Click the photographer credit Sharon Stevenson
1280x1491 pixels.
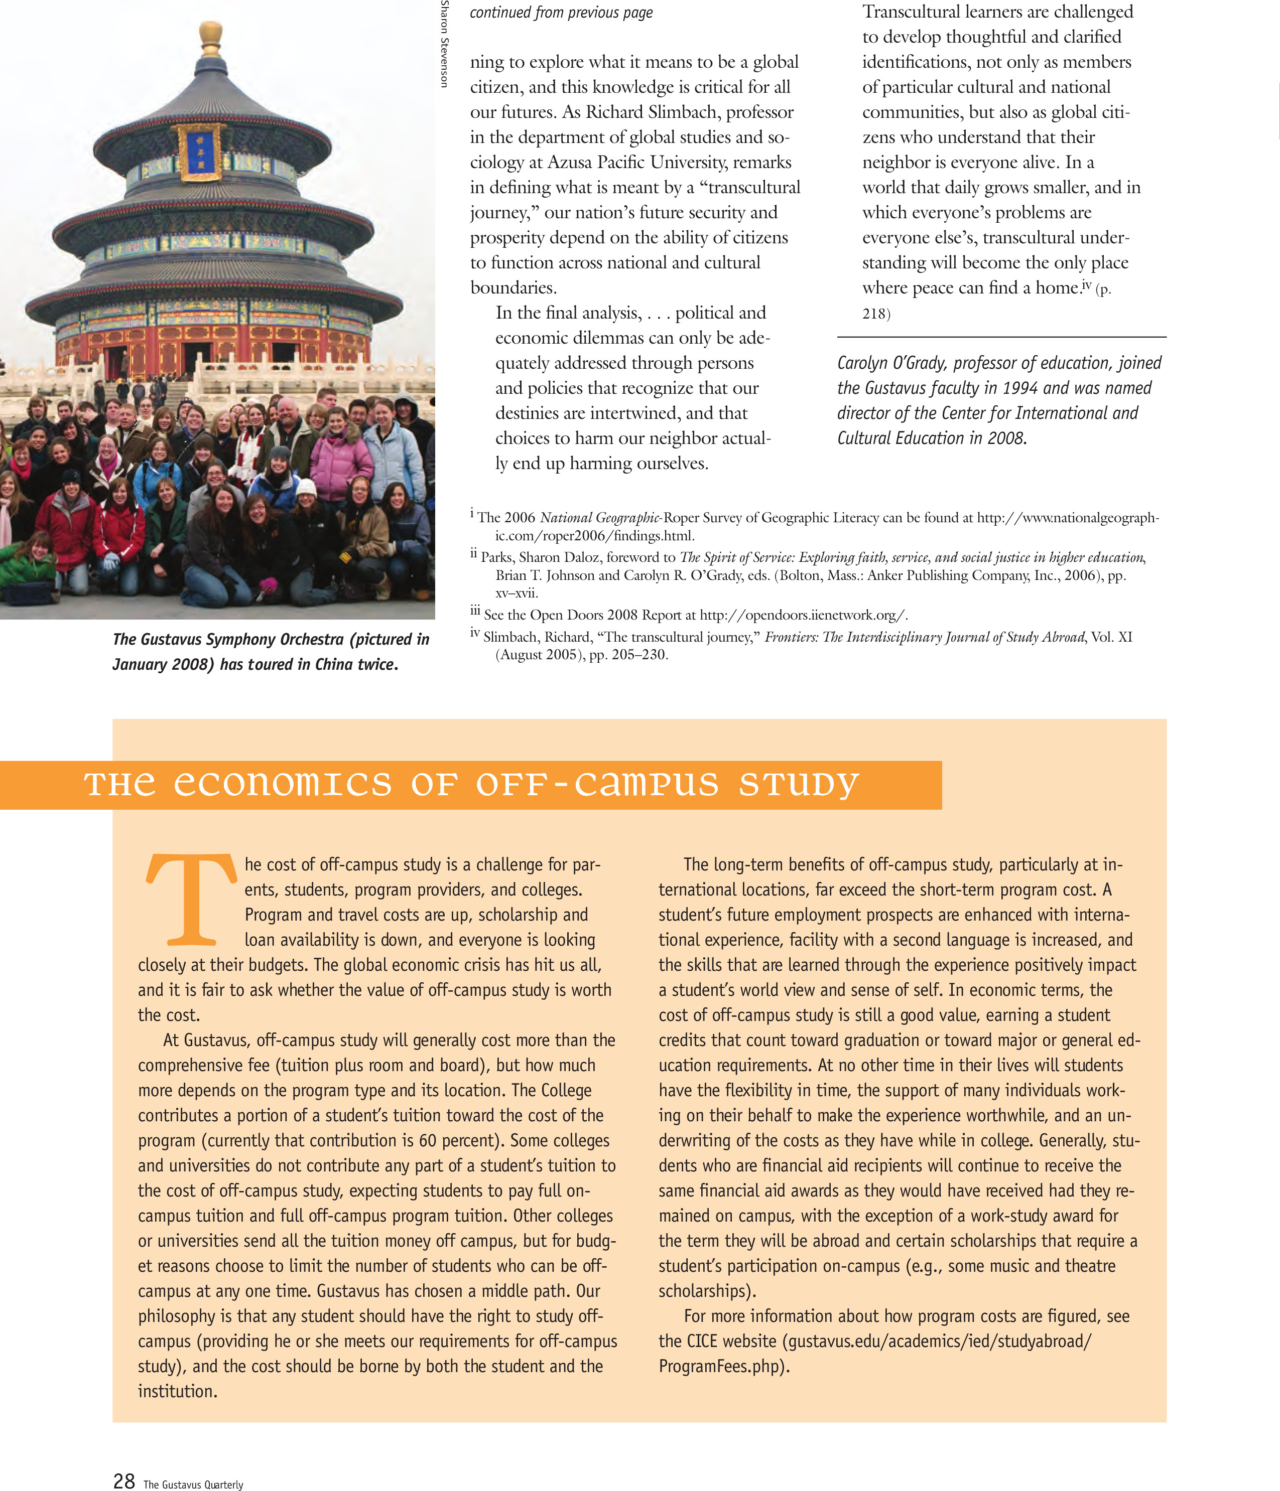coord(444,45)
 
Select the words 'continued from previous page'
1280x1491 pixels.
coord(561,12)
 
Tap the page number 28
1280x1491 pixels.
coord(124,1479)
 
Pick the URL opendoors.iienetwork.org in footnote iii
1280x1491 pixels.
coord(803,615)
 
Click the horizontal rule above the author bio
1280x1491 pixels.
coord(1001,337)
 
